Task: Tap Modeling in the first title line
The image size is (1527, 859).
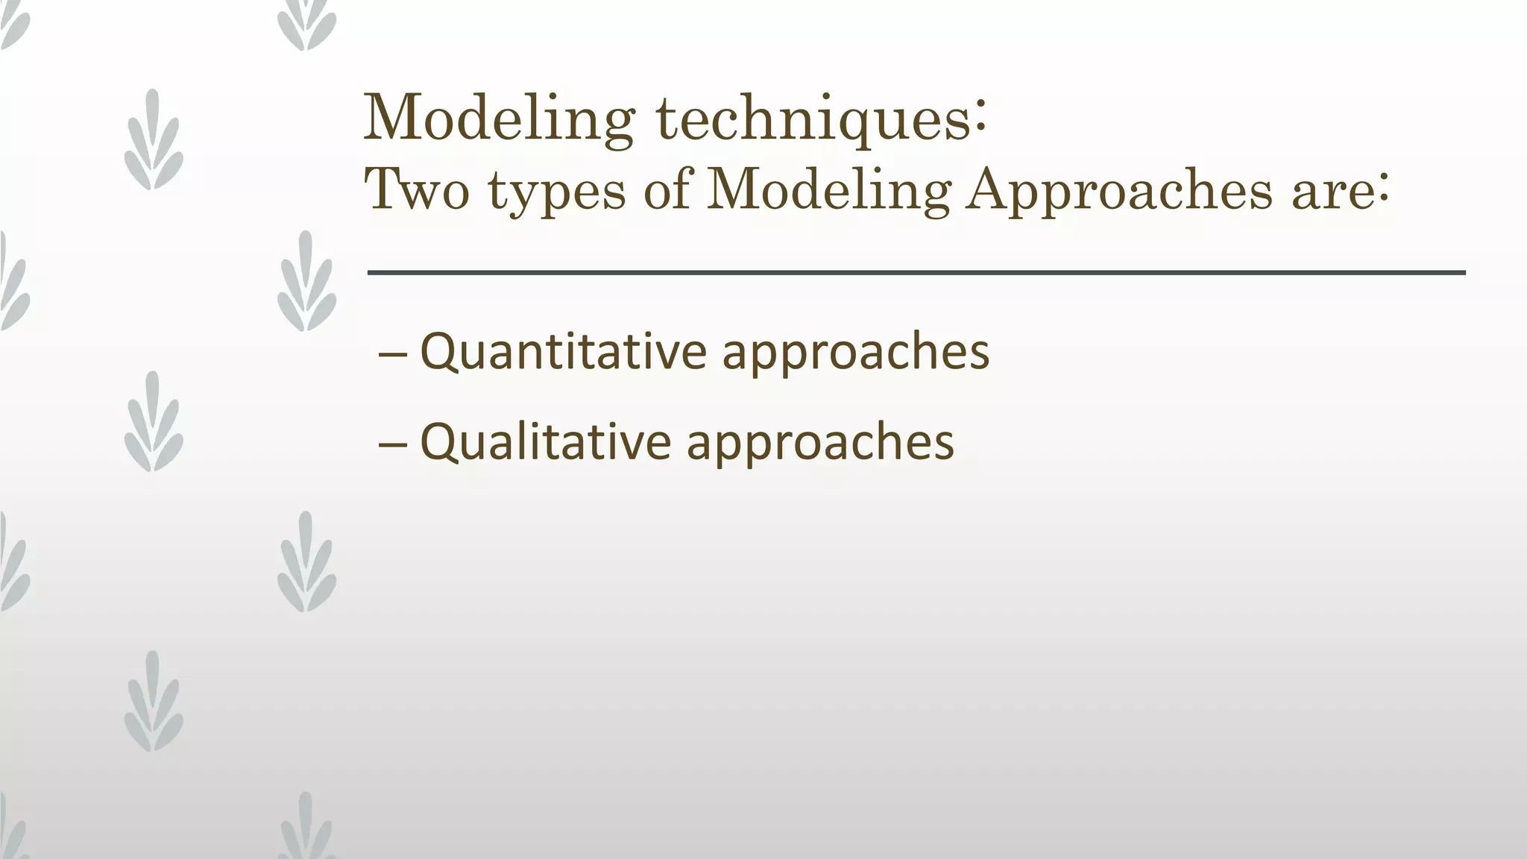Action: pos(498,119)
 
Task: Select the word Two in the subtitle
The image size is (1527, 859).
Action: pos(416,189)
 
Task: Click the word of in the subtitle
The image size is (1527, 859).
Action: pos(667,189)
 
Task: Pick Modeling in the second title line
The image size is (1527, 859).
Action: pos(828,191)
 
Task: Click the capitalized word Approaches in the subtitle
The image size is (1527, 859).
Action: pos(1118,192)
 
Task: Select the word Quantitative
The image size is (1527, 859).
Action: pos(563,352)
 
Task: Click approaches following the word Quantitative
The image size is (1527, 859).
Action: pos(855,355)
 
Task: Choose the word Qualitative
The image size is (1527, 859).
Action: pos(545,441)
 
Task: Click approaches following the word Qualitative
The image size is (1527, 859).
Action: pos(819,444)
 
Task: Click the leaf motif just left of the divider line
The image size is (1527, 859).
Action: pos(306,282)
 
